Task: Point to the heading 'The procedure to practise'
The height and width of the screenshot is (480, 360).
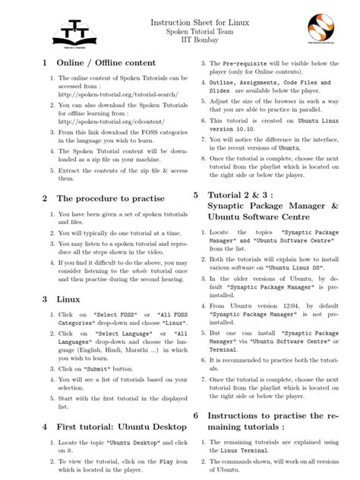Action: click(x=109, y=198)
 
